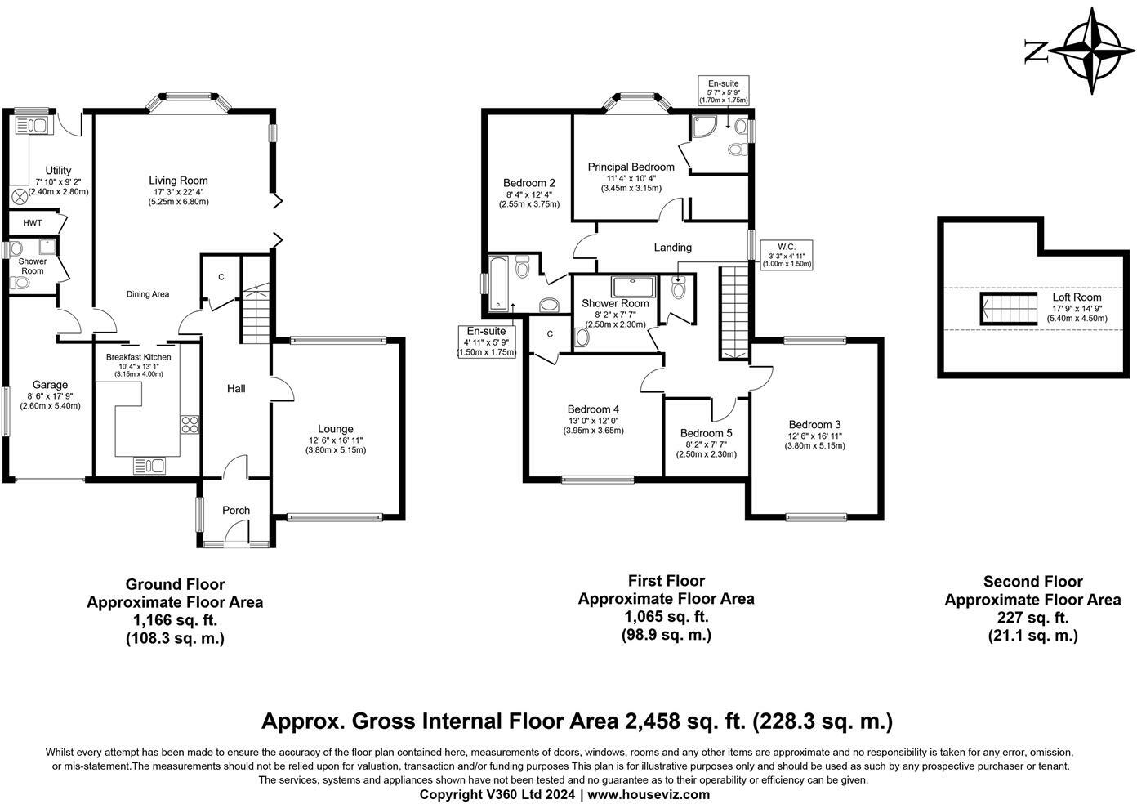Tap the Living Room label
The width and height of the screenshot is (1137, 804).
pos(178,181)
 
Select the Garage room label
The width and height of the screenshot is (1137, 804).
pos(51,385)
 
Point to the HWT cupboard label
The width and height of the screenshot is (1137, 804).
pos(33,223)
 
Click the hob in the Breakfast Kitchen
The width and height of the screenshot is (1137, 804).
pos(189,425)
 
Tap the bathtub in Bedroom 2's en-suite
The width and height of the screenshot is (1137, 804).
pos(497,284)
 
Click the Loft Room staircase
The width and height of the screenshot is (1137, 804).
pos(1009,309)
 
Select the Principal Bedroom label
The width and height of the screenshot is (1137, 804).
pos(631,167)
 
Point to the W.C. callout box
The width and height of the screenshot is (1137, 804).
pos(787,255)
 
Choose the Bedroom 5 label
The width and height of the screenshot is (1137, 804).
pos(706,433)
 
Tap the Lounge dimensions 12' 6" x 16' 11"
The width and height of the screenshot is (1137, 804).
pos(336,440)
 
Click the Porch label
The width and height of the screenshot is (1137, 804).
pos(236,511)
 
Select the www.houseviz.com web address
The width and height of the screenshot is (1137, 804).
pos(649,794)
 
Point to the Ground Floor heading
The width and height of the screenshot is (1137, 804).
pos(175,584)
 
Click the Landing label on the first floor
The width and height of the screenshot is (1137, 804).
pos(672,248)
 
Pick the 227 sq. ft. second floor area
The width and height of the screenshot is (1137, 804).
pos(1033,618)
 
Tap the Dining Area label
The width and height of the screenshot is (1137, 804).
pos(148,294)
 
